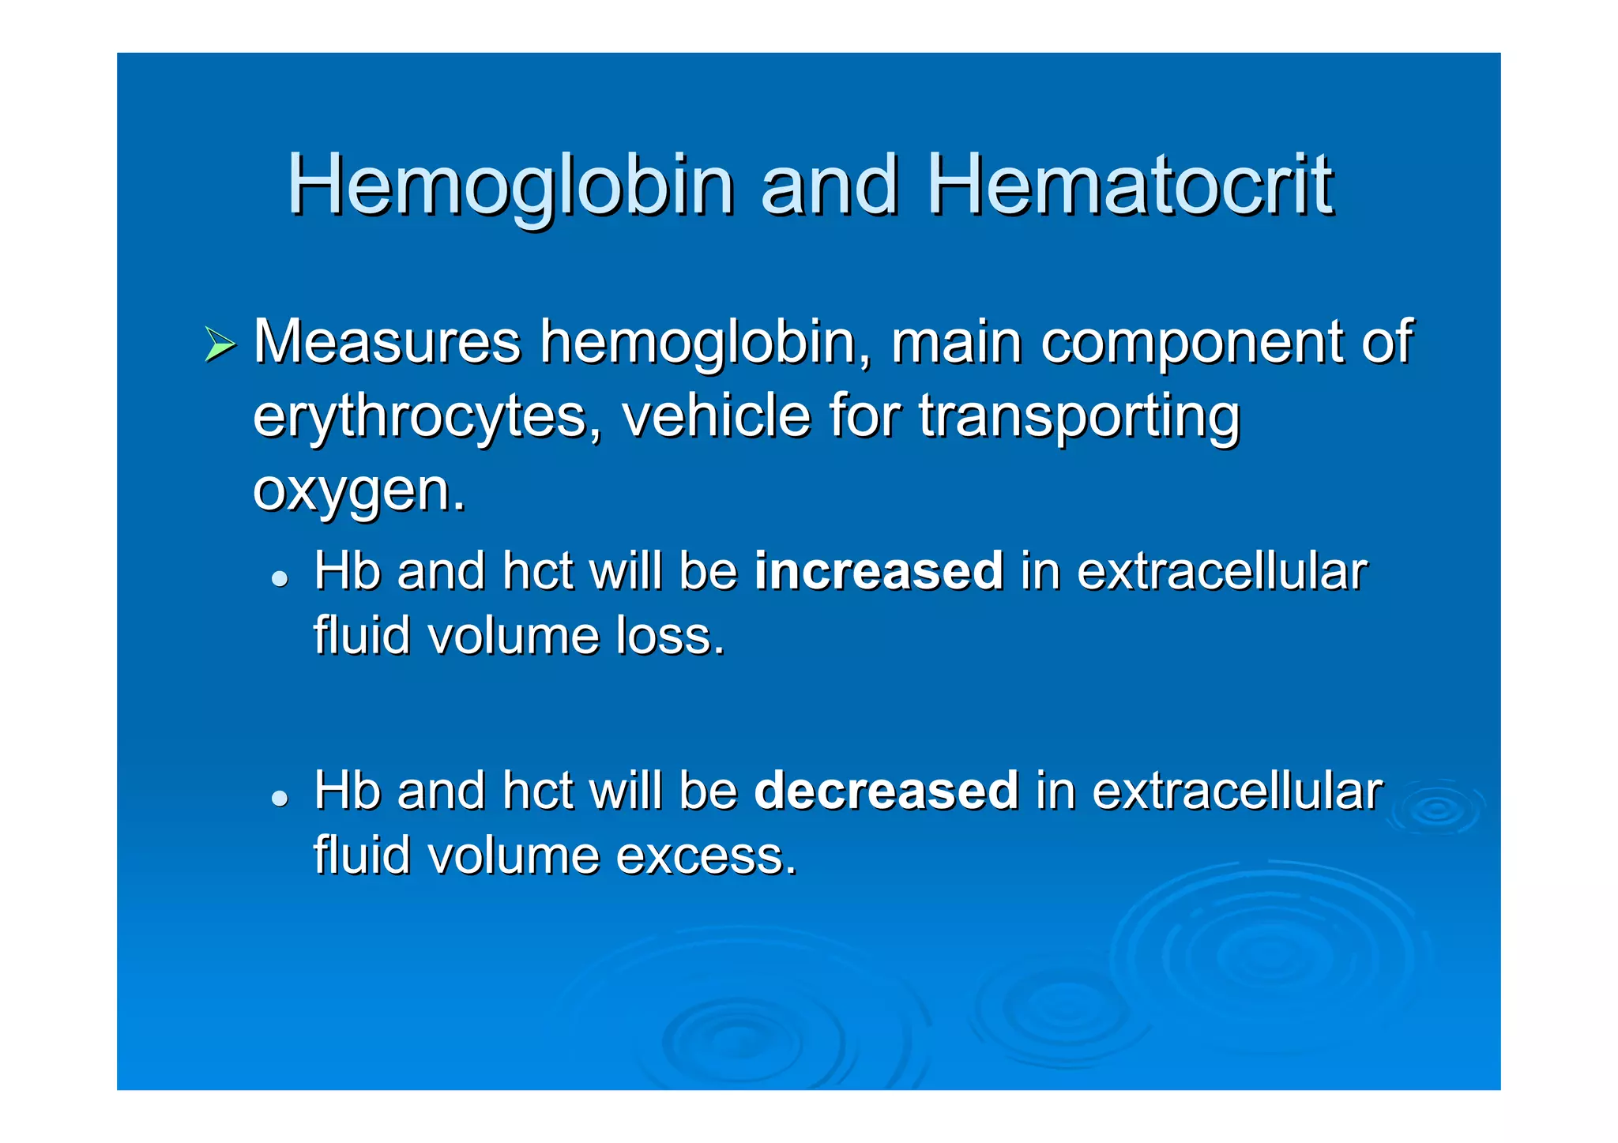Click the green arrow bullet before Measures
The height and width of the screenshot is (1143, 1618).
coord(220,344)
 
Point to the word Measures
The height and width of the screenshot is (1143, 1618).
coord(387,341)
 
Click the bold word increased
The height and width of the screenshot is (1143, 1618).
coord(879,570)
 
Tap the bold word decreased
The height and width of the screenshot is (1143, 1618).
coord(886,790)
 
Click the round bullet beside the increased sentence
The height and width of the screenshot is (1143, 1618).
coord(279,578)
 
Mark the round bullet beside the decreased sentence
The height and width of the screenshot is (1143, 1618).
coord(279,798)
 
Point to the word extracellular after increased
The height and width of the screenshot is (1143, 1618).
coord(1222,570)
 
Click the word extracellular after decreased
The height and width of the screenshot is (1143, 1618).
coord(1238,790)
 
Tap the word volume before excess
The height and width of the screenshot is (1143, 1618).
coord(514,855)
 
